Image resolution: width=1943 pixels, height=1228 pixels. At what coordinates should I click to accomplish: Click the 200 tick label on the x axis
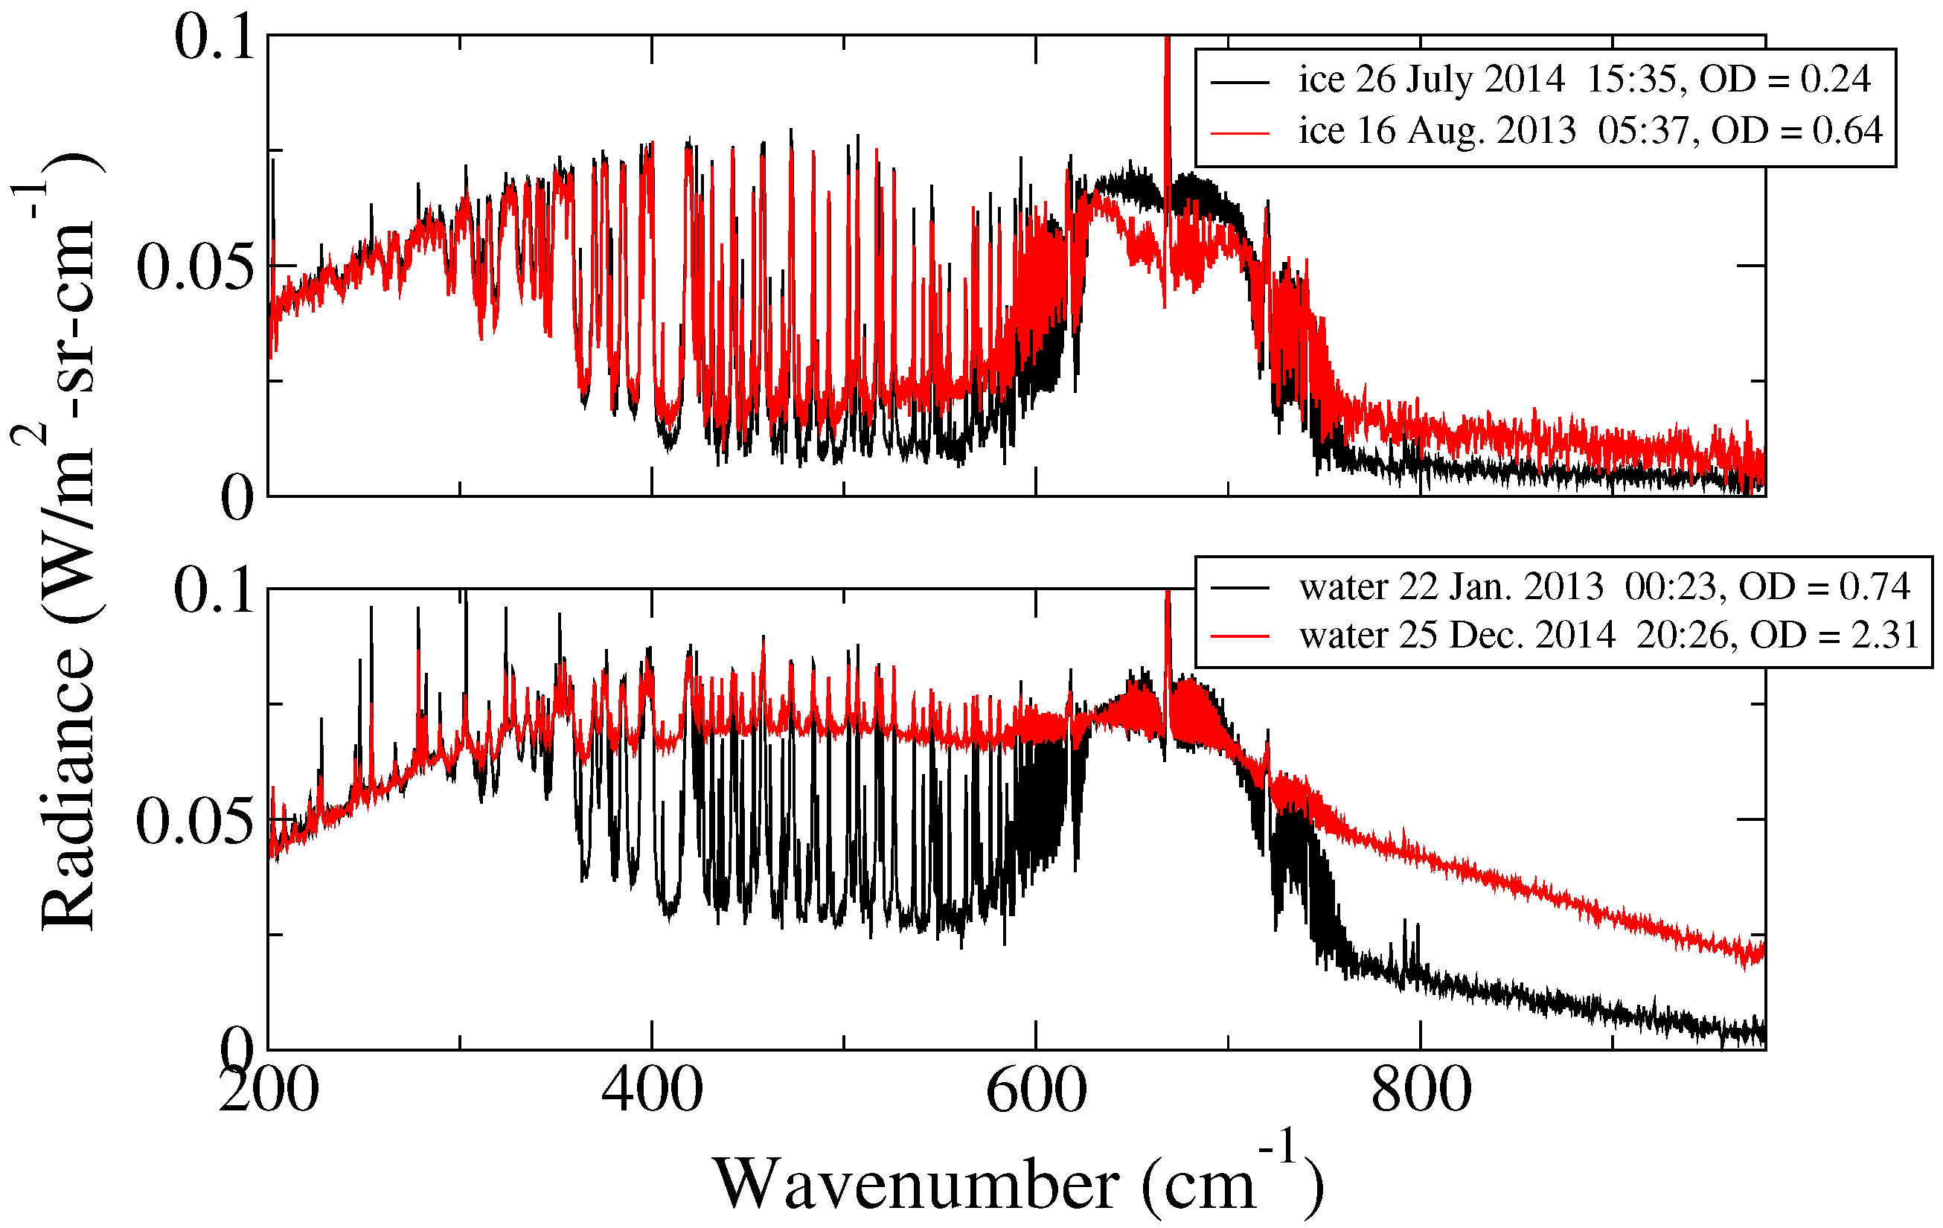click(269, 1090)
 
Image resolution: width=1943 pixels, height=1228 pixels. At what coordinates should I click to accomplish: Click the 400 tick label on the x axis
click(652, 1090)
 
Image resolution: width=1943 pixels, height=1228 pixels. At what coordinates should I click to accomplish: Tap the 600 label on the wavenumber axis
click(1036, 1090)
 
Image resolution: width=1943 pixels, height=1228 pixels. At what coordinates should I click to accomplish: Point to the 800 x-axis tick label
click(1420, 1090)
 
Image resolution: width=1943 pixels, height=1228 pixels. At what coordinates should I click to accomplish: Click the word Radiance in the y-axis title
click(68, 787)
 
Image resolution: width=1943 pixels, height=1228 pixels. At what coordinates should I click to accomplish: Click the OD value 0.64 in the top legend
click(1847, 130)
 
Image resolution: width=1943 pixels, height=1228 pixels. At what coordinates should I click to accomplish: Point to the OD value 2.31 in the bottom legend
click(1885, 636)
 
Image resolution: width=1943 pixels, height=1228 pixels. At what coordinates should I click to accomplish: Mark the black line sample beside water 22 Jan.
click(1241, 587)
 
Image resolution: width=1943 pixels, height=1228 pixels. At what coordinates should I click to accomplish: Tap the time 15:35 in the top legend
click(1633, 79)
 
